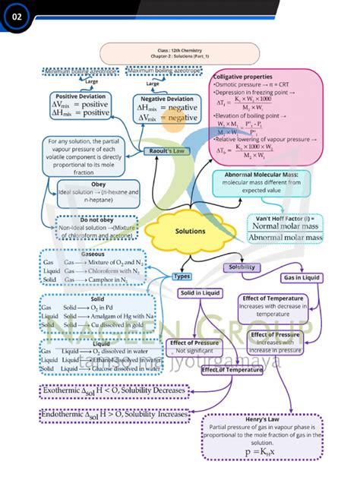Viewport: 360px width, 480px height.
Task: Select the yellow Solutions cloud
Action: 190,231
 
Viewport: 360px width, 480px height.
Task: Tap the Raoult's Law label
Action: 166,151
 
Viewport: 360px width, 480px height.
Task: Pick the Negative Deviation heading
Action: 167,99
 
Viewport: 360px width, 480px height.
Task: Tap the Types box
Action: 181,276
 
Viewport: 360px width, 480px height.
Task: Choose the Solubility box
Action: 242,267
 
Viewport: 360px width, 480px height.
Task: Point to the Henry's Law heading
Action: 262,418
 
